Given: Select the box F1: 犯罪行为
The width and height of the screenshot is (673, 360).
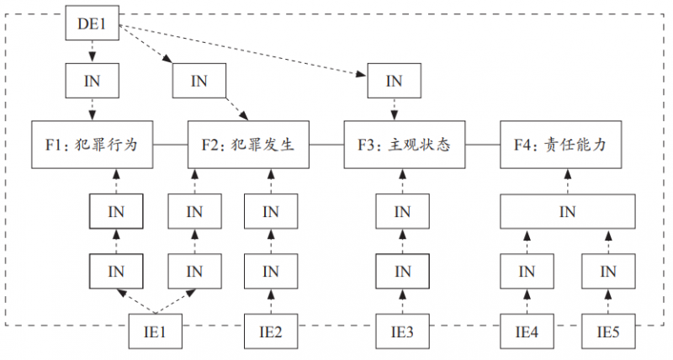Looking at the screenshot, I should [x=93, y=145].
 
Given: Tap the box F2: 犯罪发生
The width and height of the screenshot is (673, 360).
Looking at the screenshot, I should [x=248, y=145].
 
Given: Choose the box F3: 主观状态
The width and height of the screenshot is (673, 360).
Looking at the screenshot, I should [x=405, y=145].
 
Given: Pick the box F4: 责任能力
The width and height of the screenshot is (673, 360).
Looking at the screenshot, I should [x=559, y=145].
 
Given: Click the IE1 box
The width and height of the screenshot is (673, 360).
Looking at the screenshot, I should [x=156, y=332].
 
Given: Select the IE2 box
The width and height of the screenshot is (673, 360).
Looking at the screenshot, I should [x=271, y=332].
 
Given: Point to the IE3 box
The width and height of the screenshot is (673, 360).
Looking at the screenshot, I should [x=403, y=332].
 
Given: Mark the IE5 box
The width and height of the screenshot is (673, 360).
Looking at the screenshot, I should [x=608, y=332].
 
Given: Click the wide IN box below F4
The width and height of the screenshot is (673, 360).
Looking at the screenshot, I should [x=567, y=210].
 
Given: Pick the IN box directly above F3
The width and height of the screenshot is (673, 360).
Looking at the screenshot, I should [x=394, y=82].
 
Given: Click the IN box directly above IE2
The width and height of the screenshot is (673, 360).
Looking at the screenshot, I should [x=271, y=271].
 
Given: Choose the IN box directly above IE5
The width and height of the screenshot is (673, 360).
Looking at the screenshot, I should [x=608, y=271].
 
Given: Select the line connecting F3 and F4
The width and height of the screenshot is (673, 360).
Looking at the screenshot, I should [x=482, y=145].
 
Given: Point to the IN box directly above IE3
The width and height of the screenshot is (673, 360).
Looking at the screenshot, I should [x=403, y=271].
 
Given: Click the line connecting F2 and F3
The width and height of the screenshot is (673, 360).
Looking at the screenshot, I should [x=326, y=145].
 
